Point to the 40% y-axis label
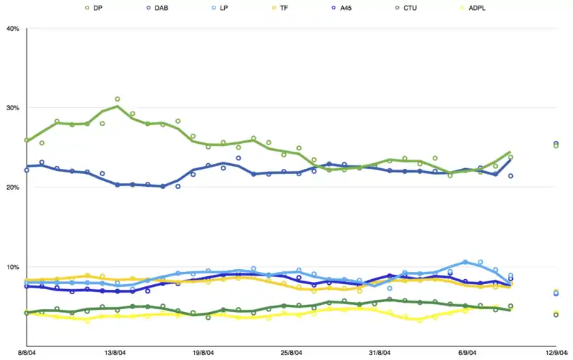pyautogui.click(x=12, y=29)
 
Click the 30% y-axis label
pyautogui.click(x=12, y=108)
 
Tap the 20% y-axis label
pyautogui.click(x=12, y=188)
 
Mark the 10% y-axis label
pyautogui.click(x=12, y=267)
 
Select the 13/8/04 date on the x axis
pyautogui.click(x=115, y=352)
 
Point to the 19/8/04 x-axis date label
pyautogui.click(x=204, y=352)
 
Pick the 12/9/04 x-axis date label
pyautogui.click(x=557, y=352)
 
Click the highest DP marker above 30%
pyautogui.click(x=117, y=99)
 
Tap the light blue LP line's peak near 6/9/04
pyautogui.click(x=465, y=262)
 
